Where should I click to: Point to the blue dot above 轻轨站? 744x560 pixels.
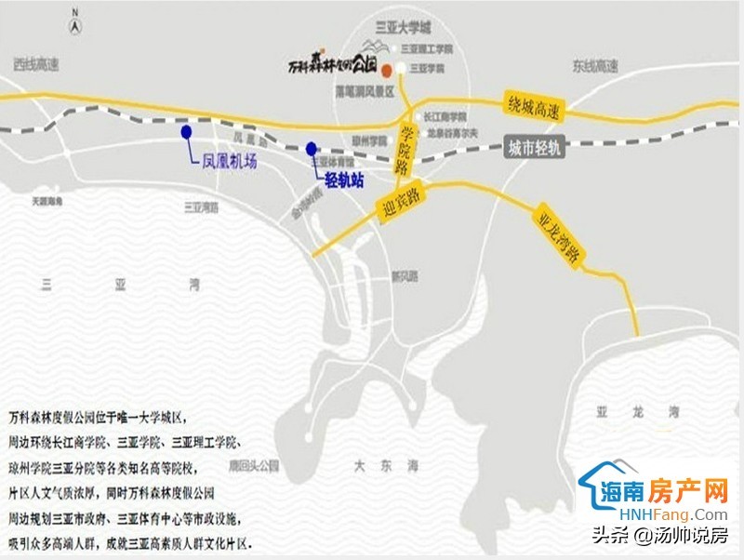312,147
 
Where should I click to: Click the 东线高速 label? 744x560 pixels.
594,66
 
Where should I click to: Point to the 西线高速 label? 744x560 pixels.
36,65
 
